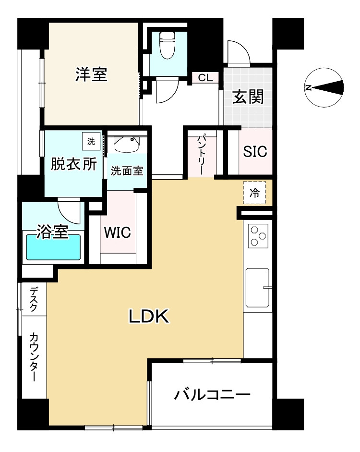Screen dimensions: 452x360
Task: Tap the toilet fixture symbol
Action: [167, 46]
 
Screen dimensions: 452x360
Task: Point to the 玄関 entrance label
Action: [248, 97]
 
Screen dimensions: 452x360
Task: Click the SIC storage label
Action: [254, 152]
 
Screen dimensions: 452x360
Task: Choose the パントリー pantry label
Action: [202, 154]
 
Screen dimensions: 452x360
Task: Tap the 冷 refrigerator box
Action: [254, 193]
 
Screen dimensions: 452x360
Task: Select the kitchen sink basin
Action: [258, 288]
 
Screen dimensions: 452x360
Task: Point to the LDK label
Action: [147, 316]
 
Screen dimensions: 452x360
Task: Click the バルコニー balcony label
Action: [212, 395]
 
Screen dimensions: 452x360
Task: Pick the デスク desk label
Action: [34, 299]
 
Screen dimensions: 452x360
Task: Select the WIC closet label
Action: [118, 233]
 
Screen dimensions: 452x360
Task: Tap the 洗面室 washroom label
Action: [127, 171]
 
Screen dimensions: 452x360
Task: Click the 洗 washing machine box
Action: [91, 141]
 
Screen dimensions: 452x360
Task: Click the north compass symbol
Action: [325, 88]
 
